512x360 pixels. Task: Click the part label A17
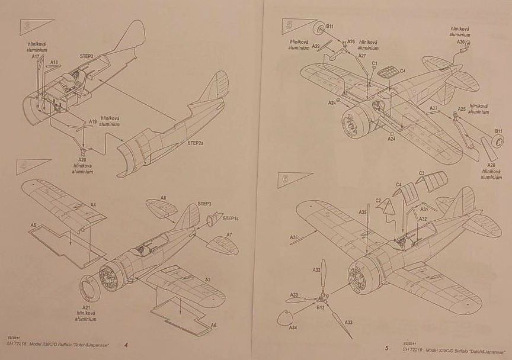[x=36, y=57]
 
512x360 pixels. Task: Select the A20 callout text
[x=83, y=160]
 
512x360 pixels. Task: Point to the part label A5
[x=34, y=226]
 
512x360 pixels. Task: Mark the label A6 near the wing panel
[x=213, y=325]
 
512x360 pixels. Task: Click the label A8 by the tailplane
[x=163, y=198]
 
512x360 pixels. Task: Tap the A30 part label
[x=460, y=43]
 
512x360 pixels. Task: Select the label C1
[x=375, y=63]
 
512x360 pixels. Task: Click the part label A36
[x=294, y=237]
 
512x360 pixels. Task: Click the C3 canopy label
[x=422, y=173]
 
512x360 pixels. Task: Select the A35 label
[x=363, y=211]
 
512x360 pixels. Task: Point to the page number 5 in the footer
[x=386, y=348]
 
